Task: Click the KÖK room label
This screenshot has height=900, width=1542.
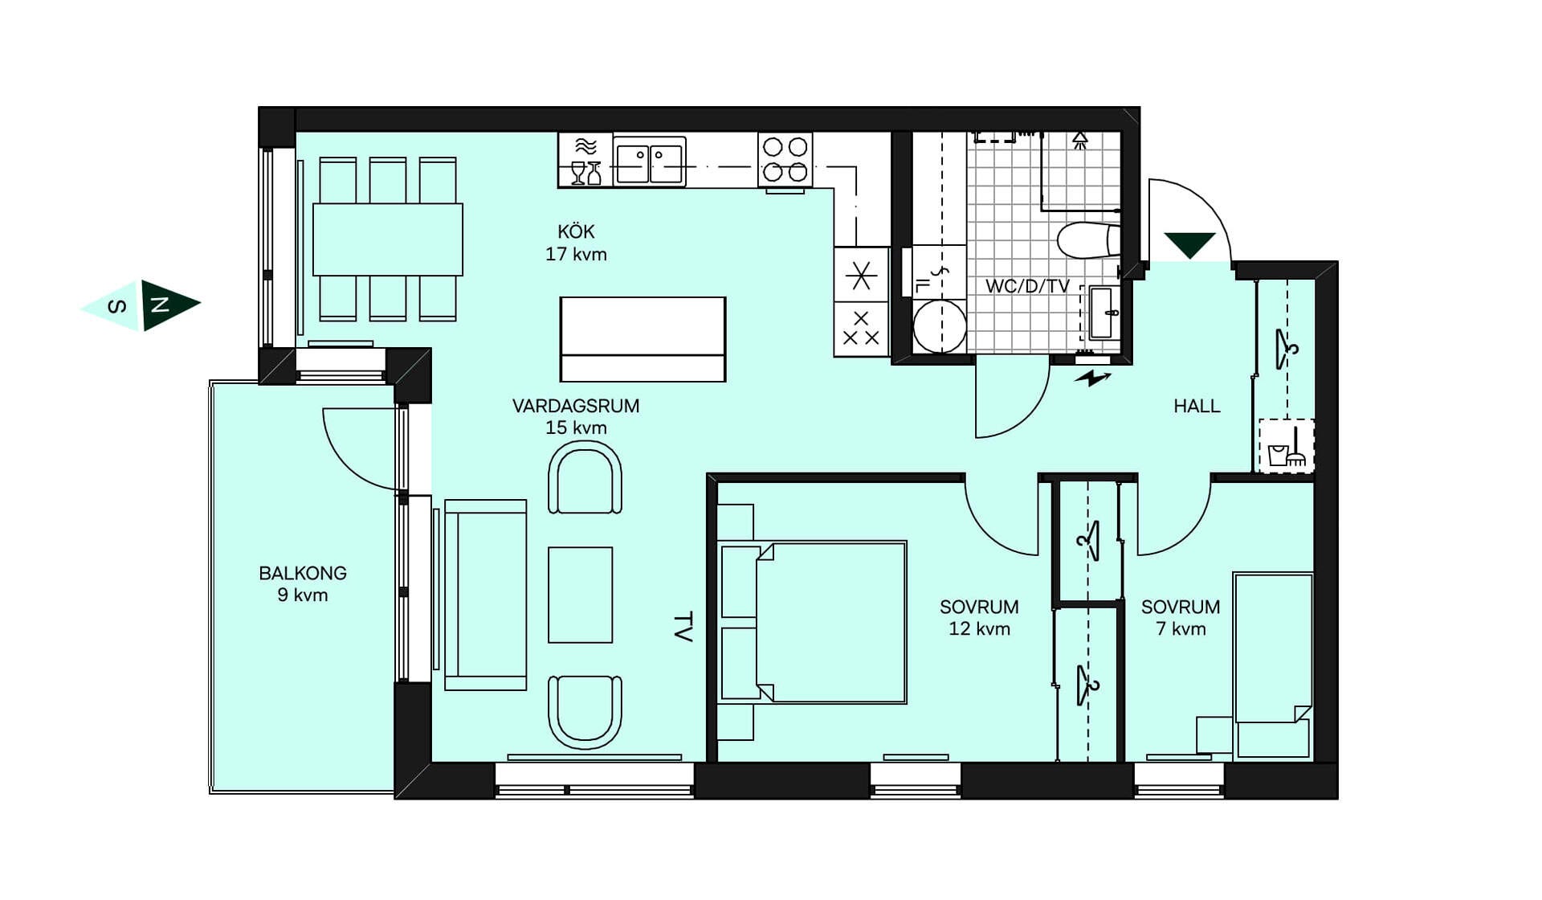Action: coord(576,231)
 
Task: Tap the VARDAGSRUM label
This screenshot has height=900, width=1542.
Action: coord(576,406)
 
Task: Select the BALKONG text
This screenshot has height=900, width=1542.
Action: coord(303,573)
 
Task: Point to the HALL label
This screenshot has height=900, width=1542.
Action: coord(1197,406)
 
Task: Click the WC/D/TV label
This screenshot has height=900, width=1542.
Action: coord(1027,286)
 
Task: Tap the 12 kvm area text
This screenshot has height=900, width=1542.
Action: coord(979,628)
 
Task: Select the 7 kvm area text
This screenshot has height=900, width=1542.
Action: coord(1181,628)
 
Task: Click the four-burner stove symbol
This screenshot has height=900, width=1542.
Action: coord(785,159)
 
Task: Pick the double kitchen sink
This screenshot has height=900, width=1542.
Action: coord(649,162)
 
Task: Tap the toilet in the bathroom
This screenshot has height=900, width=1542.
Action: coord(1088,239)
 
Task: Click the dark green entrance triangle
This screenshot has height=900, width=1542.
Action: coord(1189,244)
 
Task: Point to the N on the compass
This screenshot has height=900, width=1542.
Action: coord(161,305)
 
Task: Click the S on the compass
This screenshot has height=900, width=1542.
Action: coord(117,306)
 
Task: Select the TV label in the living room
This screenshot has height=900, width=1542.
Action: coord(683,627)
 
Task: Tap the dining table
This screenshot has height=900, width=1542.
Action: coord(387,239)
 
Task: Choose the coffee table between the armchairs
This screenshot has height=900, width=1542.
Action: coord(580,595)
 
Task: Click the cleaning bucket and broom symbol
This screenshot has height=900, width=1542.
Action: coord(1286,446)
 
